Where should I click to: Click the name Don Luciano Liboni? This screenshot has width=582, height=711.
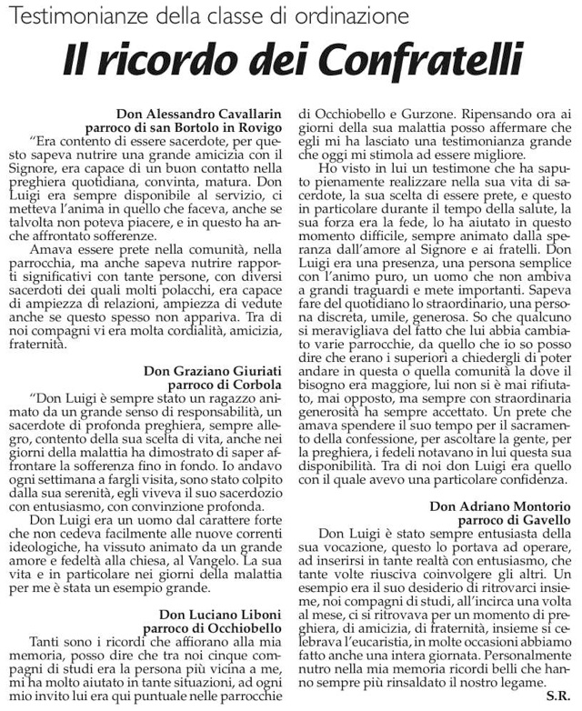point(219,614)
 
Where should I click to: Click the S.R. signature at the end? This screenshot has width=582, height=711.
point(558,696)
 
